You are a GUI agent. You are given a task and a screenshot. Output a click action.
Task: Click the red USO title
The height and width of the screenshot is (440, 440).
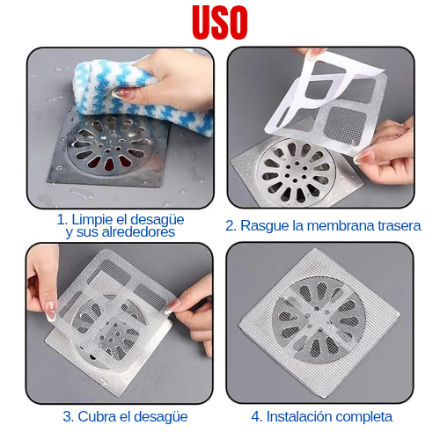pos(220,22)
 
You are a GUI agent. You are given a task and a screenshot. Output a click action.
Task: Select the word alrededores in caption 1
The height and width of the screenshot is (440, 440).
pos(138,232)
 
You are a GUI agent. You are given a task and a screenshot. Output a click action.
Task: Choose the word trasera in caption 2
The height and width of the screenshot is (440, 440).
pos(400,226)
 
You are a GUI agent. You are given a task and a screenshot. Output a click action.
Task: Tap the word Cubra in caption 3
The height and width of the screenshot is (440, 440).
pos(95,416)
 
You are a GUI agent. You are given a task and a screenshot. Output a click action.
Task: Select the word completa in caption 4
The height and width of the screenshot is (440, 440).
pos(363,417)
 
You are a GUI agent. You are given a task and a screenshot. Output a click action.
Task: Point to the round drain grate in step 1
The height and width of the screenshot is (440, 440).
pos(110,145)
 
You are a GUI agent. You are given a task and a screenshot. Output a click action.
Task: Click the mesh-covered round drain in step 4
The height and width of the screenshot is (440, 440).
pos(319,319)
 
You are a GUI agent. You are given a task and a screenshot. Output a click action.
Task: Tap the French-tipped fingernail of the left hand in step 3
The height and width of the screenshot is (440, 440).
pos(51,311)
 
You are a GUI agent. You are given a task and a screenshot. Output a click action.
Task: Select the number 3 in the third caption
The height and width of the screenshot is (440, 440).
pos(67,417)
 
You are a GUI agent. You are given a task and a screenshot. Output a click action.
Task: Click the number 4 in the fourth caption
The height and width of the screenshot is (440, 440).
pos(255,417)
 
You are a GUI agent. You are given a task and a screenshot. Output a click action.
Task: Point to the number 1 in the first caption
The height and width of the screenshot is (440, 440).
pos(61,220)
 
